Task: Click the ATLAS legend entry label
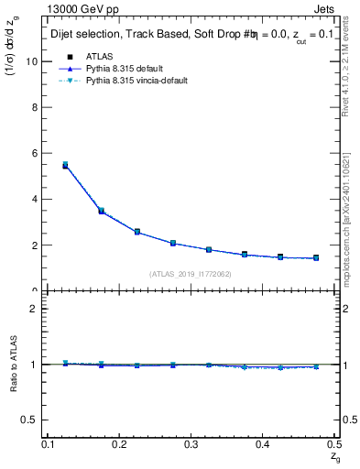click(100, 56)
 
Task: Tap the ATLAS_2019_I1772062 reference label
click(190, 274)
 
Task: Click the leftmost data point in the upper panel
click(65, 166)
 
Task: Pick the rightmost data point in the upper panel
click(316, 258)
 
